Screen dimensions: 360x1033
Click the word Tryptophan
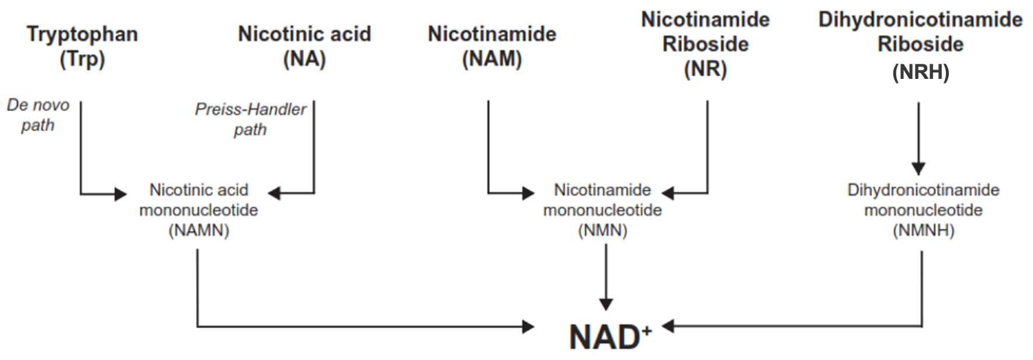(82, 34)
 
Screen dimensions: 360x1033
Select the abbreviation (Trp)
(82, 59)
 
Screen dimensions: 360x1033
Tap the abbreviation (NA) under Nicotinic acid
(304, 59)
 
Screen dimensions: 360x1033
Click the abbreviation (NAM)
(492, 59)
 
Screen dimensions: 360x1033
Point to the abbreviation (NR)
(705, 70)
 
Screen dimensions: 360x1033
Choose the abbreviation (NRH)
(920, 72)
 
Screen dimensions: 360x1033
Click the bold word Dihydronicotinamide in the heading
(920, 19)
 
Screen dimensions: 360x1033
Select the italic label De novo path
(38, 115)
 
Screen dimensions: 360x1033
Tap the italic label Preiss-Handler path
(251, 119)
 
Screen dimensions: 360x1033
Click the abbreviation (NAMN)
(199, 230)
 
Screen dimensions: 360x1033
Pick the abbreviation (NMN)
(602, 230)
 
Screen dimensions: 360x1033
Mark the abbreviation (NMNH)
(923, 230)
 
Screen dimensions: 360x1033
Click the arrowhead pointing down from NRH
(918, 168)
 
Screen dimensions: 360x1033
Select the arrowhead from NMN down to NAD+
(606, 304)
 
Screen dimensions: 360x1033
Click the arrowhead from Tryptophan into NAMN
(120, 193)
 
